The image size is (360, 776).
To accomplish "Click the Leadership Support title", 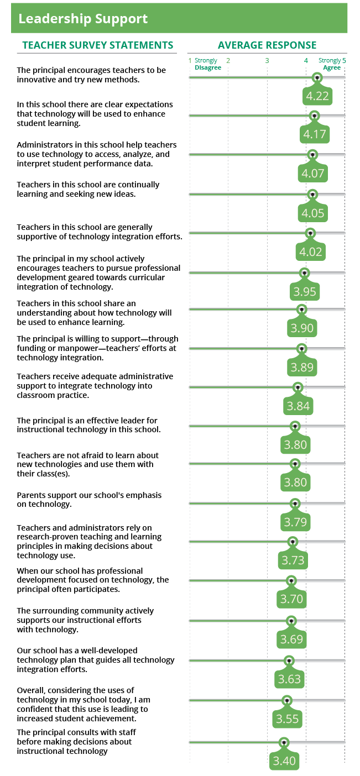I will (x=83, y=19).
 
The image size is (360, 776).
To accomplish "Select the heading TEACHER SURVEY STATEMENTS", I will (x=97, y=45).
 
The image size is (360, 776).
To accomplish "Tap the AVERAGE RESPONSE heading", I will (x=267, y=45).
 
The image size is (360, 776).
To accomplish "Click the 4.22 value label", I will (x=317, y=96).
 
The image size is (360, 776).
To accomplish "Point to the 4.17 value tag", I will (x=315, y=134).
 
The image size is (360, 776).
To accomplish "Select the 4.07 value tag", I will (x=313, y=174).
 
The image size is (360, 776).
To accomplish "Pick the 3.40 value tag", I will (x=284, y=761).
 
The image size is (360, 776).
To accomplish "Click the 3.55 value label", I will (x=287, y=719).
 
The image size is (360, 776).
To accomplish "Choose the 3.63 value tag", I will (x=289, y=679).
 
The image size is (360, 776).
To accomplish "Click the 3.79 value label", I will (x=295, y=522).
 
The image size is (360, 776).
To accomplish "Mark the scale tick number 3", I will (x=267, y=61).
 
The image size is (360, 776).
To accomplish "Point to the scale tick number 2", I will (x=228, y=61).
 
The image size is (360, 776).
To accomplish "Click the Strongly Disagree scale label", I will (x=207, y=64).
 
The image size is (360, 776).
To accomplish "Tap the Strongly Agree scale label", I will (x=330, y=64).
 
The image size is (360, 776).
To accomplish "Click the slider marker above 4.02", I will (x=311, y=233).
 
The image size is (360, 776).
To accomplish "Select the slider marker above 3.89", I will (x=301, y=348).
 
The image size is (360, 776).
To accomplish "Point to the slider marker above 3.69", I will (x=292, y=621).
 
